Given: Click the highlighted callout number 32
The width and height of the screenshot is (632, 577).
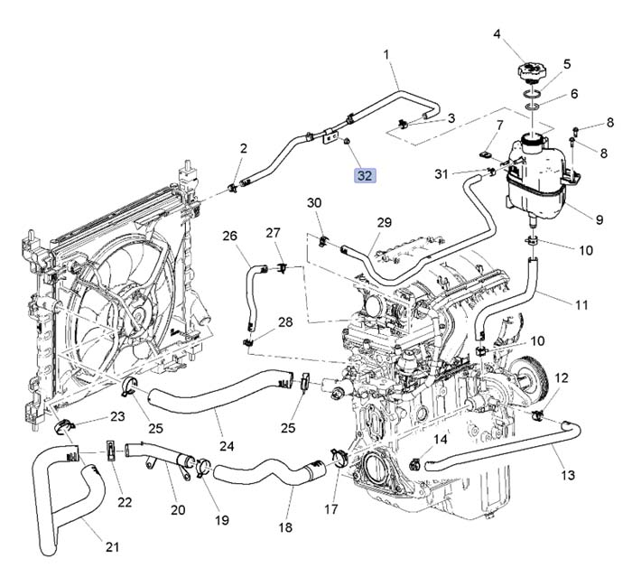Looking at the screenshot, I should [365, 175].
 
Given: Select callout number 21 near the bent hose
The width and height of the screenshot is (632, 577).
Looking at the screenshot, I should [112, 546].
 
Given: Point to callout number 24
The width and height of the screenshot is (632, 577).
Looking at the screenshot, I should [227, 446].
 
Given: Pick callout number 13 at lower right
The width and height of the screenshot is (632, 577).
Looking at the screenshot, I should [568, 474].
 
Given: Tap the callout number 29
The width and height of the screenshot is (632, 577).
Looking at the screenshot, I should [384, 223].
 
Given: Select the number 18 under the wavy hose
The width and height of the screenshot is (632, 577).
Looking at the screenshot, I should [285, 527].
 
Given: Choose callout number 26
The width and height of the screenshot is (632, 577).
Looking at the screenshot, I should [230, 237].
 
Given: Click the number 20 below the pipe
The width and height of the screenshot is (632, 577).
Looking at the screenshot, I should [178, 510].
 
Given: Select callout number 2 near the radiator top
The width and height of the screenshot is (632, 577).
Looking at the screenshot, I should [243, 148].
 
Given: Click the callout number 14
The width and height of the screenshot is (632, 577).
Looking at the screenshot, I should [441, 440].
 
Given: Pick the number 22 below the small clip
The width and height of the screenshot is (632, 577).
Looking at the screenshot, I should [125, 502].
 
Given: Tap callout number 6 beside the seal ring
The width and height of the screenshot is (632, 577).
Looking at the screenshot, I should [573, 94].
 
